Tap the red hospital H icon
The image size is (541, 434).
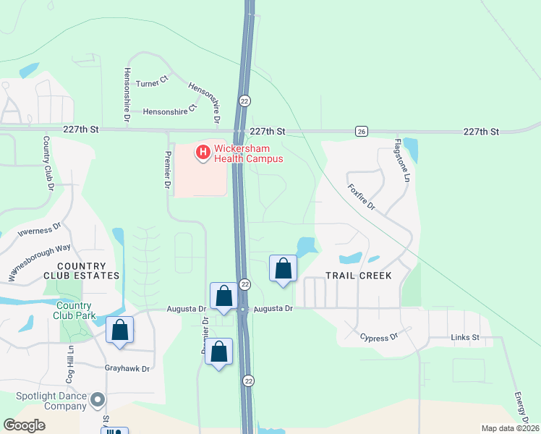point(203,152)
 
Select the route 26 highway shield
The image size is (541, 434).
point(361,131)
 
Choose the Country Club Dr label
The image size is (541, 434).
point(49,163)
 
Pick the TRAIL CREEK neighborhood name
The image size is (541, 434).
point(358,276)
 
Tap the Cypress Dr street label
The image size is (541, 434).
point(379,337)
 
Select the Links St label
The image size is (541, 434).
point(465,337)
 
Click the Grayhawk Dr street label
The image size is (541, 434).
point(127,368)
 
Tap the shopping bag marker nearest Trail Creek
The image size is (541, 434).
point(284,268)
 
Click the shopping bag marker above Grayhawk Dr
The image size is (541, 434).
point(119,330)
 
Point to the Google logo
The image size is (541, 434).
point(25,425)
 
